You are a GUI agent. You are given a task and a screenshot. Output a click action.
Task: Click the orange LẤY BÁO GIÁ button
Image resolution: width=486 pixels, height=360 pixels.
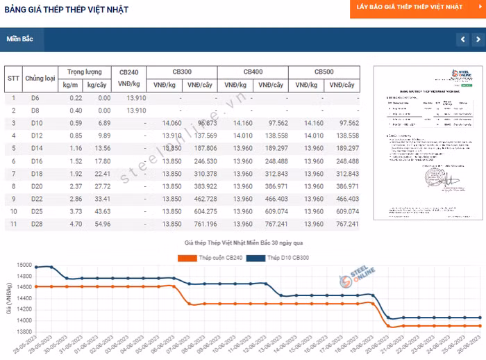click(410, 7)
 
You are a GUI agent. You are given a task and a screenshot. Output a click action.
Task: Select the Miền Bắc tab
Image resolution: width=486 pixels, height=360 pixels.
click(20, 40)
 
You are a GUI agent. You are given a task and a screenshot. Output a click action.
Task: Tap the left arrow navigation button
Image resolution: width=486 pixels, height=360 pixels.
click(462, 40)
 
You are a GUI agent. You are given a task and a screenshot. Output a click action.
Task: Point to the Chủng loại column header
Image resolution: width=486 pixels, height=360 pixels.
click(40, 78)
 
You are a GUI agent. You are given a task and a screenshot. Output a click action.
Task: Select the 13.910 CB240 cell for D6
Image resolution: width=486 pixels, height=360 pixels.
click(136, 97)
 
